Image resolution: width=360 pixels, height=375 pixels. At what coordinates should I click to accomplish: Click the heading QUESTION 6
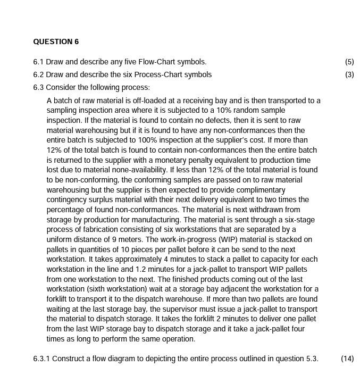[x=56, y=41]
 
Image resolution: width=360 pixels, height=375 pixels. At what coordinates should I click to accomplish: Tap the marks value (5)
[x=349, y=62]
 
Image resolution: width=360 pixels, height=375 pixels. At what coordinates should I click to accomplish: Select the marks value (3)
[x=349, y=74]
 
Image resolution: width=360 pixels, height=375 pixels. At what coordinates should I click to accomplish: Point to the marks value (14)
[x=347, y=359]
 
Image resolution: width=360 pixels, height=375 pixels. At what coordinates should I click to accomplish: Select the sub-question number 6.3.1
[x=41, y=359]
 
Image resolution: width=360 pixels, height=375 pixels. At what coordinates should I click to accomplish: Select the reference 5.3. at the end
[x=312, y=359]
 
